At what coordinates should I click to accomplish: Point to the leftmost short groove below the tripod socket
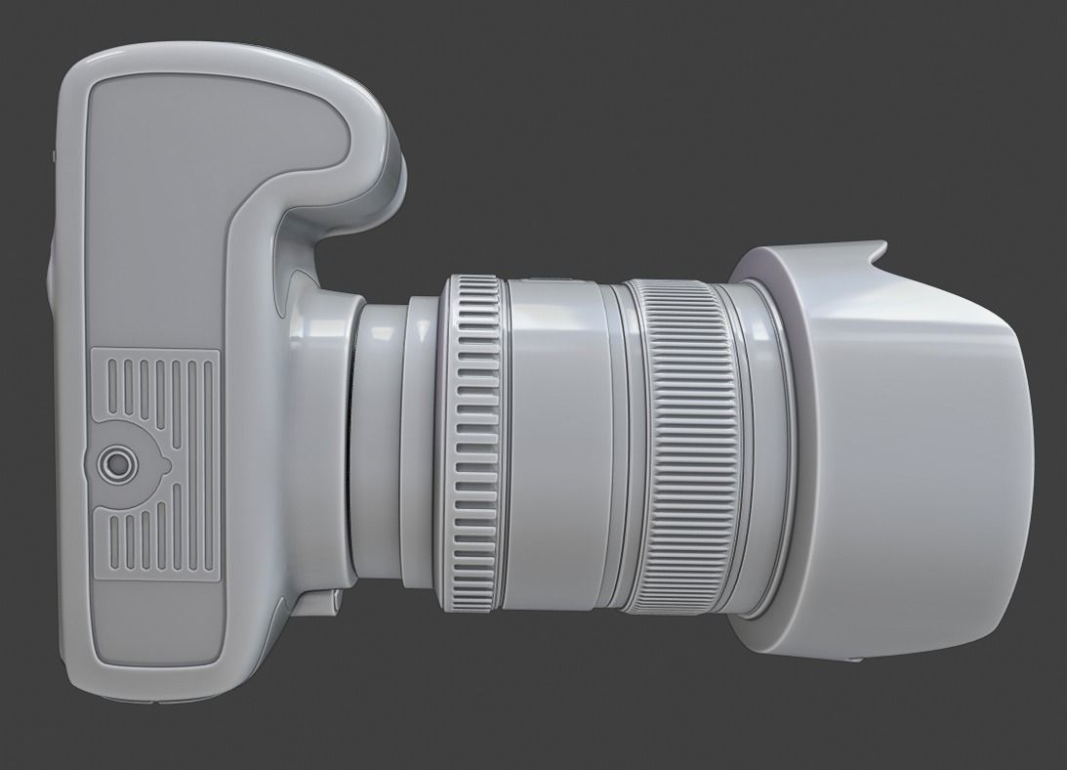point(109,536)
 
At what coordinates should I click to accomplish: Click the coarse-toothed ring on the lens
point(472,444)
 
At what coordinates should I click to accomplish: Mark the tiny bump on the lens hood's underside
point(856,659)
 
